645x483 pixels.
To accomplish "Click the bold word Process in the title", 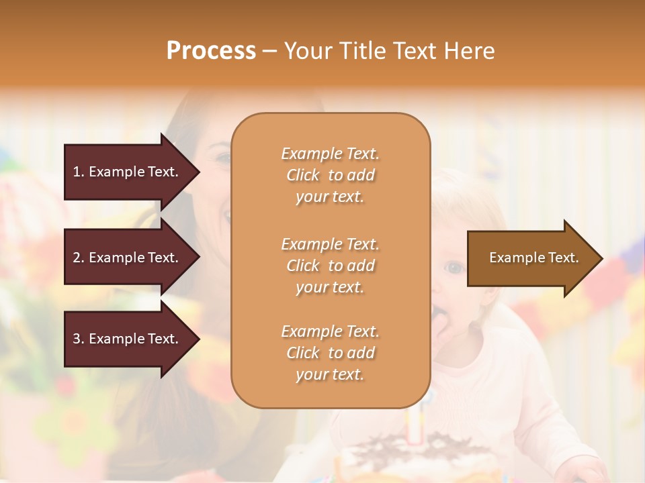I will tap(211, 50).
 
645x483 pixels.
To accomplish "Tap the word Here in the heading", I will tap(468, 50).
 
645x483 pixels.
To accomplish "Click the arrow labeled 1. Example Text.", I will tap(131, 172).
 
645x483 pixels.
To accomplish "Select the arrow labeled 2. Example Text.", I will tap(131, 258).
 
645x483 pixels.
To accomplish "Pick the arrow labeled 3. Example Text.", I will tap(131, 339).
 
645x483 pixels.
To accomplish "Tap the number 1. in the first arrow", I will tap(79, 172).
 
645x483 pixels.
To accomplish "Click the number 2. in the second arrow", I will tap(79, 258).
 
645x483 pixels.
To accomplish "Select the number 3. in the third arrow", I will tap(79, 339).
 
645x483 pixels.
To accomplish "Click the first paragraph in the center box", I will tap(330, 175).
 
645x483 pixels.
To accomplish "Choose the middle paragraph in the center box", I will tap(330, 266).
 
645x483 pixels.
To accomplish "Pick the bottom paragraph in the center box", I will tap(330, 353).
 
